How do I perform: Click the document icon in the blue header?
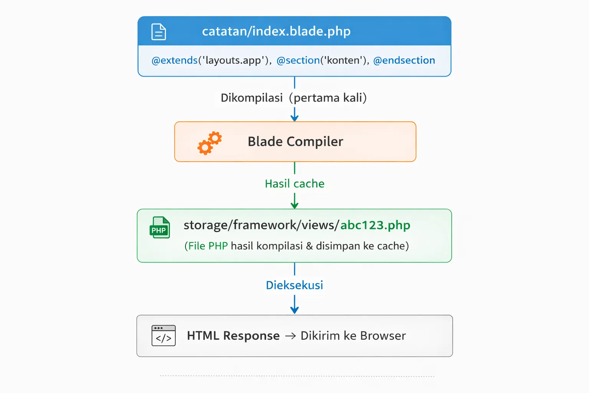click(159, 32)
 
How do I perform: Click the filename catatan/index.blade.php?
click(276, 31)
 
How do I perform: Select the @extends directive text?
click(174, 60)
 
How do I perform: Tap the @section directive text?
click(298, 60)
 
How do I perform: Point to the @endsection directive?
click(404, 60)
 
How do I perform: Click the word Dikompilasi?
click(252, 98)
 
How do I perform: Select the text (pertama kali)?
click(328, 98)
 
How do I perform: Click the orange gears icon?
click(209, 143)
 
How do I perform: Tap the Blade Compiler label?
click(295, 142)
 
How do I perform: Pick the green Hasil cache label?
click(294, 184)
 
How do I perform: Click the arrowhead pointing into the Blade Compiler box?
click(294, 118)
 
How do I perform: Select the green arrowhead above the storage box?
click(294, 205)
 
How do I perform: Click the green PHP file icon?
click(160, 228)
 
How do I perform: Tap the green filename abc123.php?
click(375, 225)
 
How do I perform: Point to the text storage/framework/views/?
click(261, 225)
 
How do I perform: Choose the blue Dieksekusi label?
click(294, 285)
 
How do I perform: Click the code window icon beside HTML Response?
click(164, 335)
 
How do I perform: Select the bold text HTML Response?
click(233, 336)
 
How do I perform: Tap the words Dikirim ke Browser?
click(353, 336)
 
